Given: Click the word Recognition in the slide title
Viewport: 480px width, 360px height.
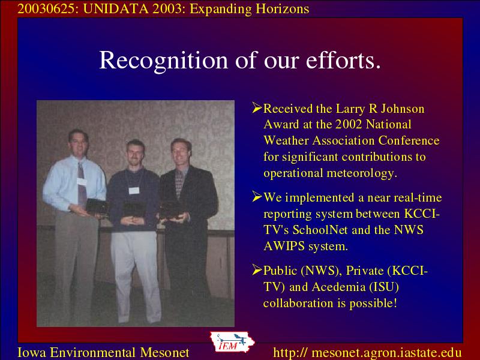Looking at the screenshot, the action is [163, 61].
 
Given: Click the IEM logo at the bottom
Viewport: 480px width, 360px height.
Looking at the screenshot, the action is [232, 342].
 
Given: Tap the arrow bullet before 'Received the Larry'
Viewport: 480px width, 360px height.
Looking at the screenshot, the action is [257, 108].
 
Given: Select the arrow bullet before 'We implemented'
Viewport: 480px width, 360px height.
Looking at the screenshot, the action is [257, 197].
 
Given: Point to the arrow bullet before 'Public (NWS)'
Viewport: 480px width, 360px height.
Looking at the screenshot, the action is [257, 269].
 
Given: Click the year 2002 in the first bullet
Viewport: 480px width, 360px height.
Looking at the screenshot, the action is [349, 124].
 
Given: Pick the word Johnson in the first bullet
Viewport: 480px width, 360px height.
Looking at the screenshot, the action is [403, 109].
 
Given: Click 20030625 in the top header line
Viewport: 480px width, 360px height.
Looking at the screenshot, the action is [46, 9].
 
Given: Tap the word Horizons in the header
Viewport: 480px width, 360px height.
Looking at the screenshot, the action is [282, 9].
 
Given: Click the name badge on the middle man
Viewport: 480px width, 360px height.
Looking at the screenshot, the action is [134, 190].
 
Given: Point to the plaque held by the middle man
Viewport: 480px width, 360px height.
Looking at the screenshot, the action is [134, 209].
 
